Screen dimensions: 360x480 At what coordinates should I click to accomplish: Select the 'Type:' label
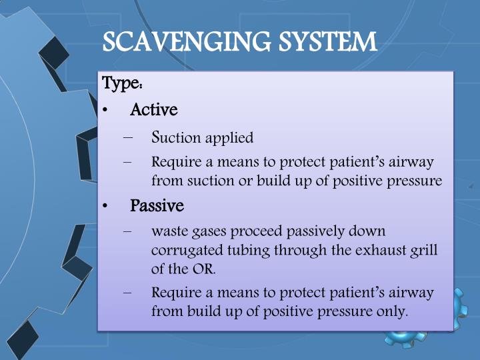click(121, 84)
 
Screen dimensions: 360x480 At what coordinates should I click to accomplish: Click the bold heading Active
click(153, 109)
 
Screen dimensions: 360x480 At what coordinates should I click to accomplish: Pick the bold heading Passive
click(157, 205)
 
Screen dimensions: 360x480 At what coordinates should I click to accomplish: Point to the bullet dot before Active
click(107, 110)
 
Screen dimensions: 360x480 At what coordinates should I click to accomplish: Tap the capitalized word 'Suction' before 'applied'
click(176, 138)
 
